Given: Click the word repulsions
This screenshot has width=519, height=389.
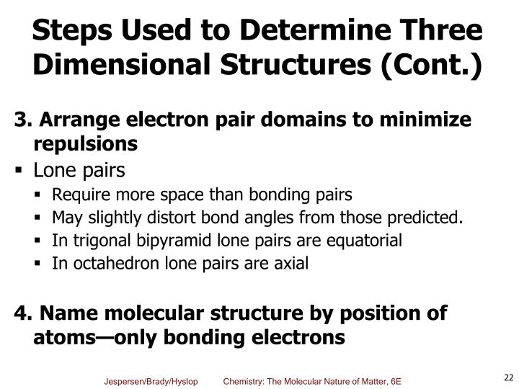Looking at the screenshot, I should [85, 144].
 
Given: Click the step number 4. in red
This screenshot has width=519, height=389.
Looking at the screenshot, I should [23, 313].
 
